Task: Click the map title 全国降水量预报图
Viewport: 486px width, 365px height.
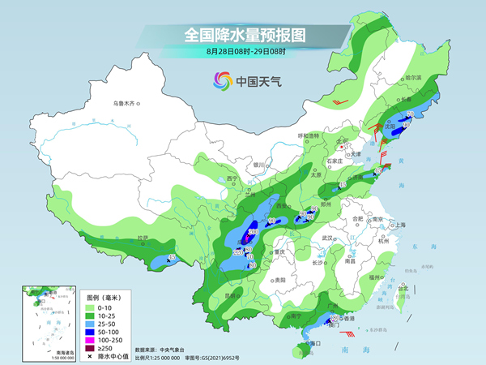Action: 242,35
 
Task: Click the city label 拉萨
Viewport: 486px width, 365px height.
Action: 143,238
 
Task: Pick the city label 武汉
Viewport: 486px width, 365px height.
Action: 328,238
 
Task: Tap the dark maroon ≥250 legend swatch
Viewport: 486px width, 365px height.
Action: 94,347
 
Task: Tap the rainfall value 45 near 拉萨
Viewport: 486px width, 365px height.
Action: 171,257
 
